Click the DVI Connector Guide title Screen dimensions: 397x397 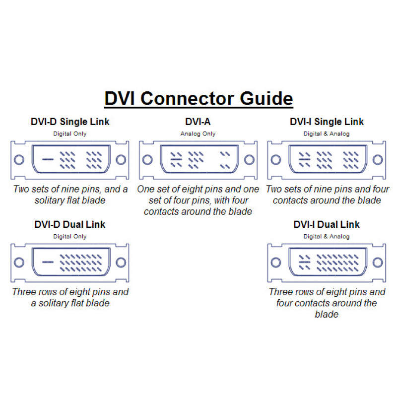pyautogui.click(x=199, y=98)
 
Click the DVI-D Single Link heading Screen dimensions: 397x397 pyautogui.click(x=70, y=122)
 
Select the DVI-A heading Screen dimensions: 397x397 pyautogui.click(x=198, y=122)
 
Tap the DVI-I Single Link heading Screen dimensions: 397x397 pyautogui.click(x=327, y=122)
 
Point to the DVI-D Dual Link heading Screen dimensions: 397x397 pyautogui.click(x=69, y=224)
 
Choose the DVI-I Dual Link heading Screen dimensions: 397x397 pyautogui.click(x=327, y=224)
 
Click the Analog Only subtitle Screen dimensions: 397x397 pyautogui.click(x=198, y=133)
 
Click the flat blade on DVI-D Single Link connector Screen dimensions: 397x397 pyautogui.click(x=48, y=159)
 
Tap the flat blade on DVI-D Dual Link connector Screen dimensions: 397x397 pyautogui.click(x=48, y=262)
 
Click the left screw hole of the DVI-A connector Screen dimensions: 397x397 pyautogui.click(x=147, y=160)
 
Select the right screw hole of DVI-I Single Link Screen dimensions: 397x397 pyautogui.click(x=378, y=160)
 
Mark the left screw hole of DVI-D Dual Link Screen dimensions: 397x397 pyautogui.click(x=19, y=263)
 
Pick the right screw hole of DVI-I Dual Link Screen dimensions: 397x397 pyautogui.click(x=378, y=263)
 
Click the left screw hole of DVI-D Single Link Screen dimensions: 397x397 pyautogui.click(x=19, y=160)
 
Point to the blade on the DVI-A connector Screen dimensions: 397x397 pyautogui.click(x=176, y=159)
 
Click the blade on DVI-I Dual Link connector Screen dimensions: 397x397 pyautogui.click(x=305, y=262)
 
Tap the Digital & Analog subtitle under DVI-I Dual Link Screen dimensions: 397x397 pyautogui.click(x=327, y=237)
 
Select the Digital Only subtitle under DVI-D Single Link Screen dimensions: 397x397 pyautogui.click(x=69, y=133)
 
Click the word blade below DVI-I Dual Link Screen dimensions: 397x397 pyautogui.click(x=327, y=314)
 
